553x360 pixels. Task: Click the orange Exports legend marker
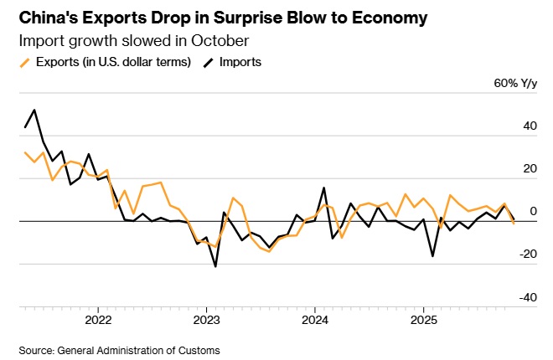pos(25,62)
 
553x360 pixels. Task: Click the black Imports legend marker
pos(207,62)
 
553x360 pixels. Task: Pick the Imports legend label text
pos(240,62)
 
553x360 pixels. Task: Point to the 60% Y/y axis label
pos(515,84)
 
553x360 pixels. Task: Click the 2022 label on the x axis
pos(98,320)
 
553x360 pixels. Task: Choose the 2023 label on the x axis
pos(206,320)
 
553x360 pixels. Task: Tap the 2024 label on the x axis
pos(314,320)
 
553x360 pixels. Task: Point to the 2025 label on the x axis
pos(423,320)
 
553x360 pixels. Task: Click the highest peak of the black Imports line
pos(34,110)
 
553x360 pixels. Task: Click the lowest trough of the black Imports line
pos(215,266)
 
